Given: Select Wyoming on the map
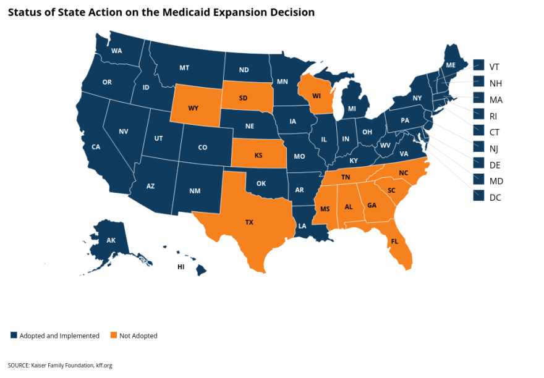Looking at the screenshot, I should click(193, 107).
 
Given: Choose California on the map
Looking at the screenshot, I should click(96, 146).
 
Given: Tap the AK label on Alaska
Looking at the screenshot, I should click(111, 240).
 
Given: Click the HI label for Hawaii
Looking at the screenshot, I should click(181, 267).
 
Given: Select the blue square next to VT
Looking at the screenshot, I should click(478, 65).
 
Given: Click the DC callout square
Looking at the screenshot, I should click(478, 196).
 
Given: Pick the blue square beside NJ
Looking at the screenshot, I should click(478, 147).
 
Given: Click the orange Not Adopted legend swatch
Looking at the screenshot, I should click(113, 335).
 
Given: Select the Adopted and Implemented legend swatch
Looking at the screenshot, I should click(14, 335).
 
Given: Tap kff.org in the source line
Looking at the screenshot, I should click(104, 366).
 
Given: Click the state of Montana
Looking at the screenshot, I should click(184, 68).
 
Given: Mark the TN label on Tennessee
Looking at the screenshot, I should click(347, 177).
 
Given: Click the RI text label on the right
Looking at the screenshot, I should click(493, 115).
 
